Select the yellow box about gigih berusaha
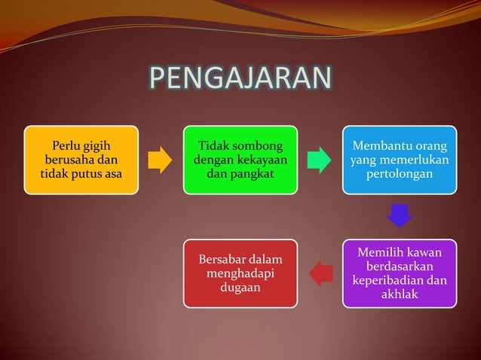pos(81,160)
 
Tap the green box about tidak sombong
pos(240,160)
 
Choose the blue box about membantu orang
pos(400,160)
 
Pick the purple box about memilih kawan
pos(400,273)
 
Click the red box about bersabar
pos(240,273)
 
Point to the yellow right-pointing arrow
pos(160,160)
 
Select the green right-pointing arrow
pos(320,160)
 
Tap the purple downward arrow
pos(400,216)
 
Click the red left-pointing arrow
pos(321,273)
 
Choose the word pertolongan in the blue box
pos(400,175)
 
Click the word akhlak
pos(400,294)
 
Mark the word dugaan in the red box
pos(240,288)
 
